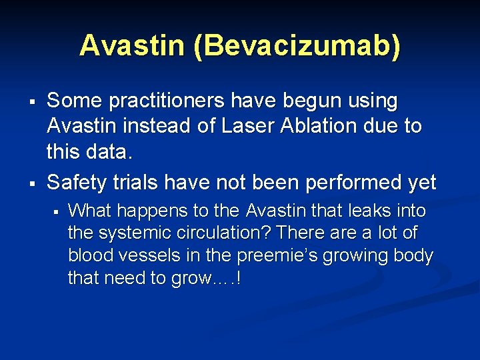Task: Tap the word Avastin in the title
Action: coord(132,46)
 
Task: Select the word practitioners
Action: coord(172,102)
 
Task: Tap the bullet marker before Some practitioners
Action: coord(31,102)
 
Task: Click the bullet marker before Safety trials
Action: coord(31,183)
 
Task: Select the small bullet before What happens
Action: coord(57,211)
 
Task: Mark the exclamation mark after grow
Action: coord(237,278)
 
